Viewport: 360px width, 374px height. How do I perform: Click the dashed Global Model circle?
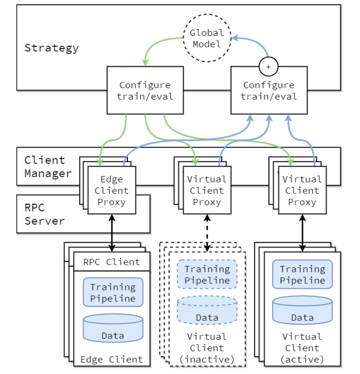point(207,38)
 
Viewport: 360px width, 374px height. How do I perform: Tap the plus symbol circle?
point(268,67)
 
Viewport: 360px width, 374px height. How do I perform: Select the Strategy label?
point(51,48)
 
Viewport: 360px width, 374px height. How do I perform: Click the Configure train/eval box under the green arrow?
point(145,90)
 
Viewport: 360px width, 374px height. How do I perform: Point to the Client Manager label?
point(47,167)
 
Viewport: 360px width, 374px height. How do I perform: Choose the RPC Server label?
point(44,214)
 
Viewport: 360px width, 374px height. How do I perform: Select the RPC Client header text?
point(111,262)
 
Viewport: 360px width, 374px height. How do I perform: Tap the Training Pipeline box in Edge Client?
point(113,292)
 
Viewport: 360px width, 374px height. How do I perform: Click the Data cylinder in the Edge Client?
point(113,328)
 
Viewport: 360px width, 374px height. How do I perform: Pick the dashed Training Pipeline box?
point(207,275)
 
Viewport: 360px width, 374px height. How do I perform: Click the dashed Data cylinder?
point(207,310)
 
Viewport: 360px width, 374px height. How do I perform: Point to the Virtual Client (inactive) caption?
point(207,348)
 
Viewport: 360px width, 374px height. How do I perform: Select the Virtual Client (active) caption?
point(302,348)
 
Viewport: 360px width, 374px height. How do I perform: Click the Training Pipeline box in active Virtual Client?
point(302,275)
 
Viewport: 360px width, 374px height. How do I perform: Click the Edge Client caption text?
point(111,359)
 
